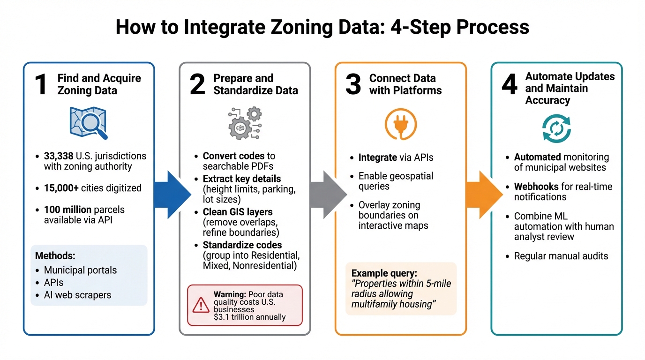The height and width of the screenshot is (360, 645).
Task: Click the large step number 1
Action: click(41, 85)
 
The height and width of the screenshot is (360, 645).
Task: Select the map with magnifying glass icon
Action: click(88, 123)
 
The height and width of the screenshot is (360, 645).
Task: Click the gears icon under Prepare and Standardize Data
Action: click(244, 123)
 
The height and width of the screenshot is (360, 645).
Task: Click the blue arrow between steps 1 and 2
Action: click(172, 195)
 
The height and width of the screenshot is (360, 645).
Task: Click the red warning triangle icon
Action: click(201, 305)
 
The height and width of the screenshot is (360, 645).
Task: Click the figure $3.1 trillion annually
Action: click(249, 317)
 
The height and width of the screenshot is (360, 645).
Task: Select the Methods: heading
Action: click(55, 256)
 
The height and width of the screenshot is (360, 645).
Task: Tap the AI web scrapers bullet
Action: click(77, 295)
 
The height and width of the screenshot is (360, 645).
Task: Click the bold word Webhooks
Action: click(536, 187)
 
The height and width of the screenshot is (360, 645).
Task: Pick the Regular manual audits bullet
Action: click(561, 256)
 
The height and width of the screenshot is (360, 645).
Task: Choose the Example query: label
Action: click(383, 273)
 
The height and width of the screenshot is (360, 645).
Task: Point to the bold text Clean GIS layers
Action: click(237, 212)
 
